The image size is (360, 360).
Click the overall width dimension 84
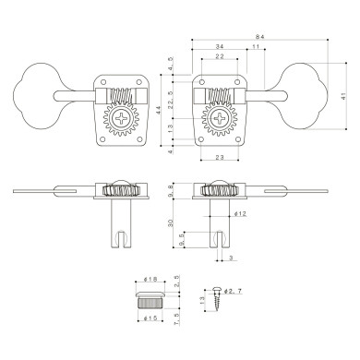point(260,36)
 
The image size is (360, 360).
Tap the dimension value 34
point(219,47)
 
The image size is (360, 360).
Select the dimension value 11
point(255,47)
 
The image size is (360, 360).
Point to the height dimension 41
point(343,96)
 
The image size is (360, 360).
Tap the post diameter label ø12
point(240,213)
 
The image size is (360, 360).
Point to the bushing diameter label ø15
point(152,318)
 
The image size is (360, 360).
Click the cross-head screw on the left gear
point(122,118)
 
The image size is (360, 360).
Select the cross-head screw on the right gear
point(220,118)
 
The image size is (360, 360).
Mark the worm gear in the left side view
point(121,191)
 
